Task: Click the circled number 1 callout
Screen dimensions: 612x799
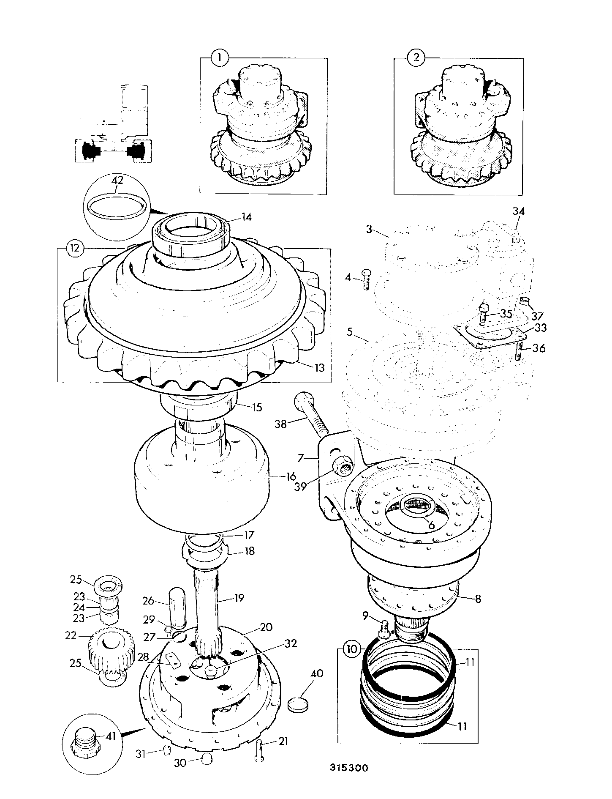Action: pyautogui.click(x=220, y=57)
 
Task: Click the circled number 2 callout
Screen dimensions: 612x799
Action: pyautogui.click(x=416, y=57)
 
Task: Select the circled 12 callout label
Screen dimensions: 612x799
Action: pyautogui.click(x=75, y=248)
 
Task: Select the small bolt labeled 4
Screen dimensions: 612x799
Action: pyautogui.click(x=366, y=280)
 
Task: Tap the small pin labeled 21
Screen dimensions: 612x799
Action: pyautogui.click(x=260, y=750)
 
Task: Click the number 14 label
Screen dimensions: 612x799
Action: pyautogui.click(x=246, y=217)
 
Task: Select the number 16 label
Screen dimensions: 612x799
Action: pyautogui.click(x=291, y=476)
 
